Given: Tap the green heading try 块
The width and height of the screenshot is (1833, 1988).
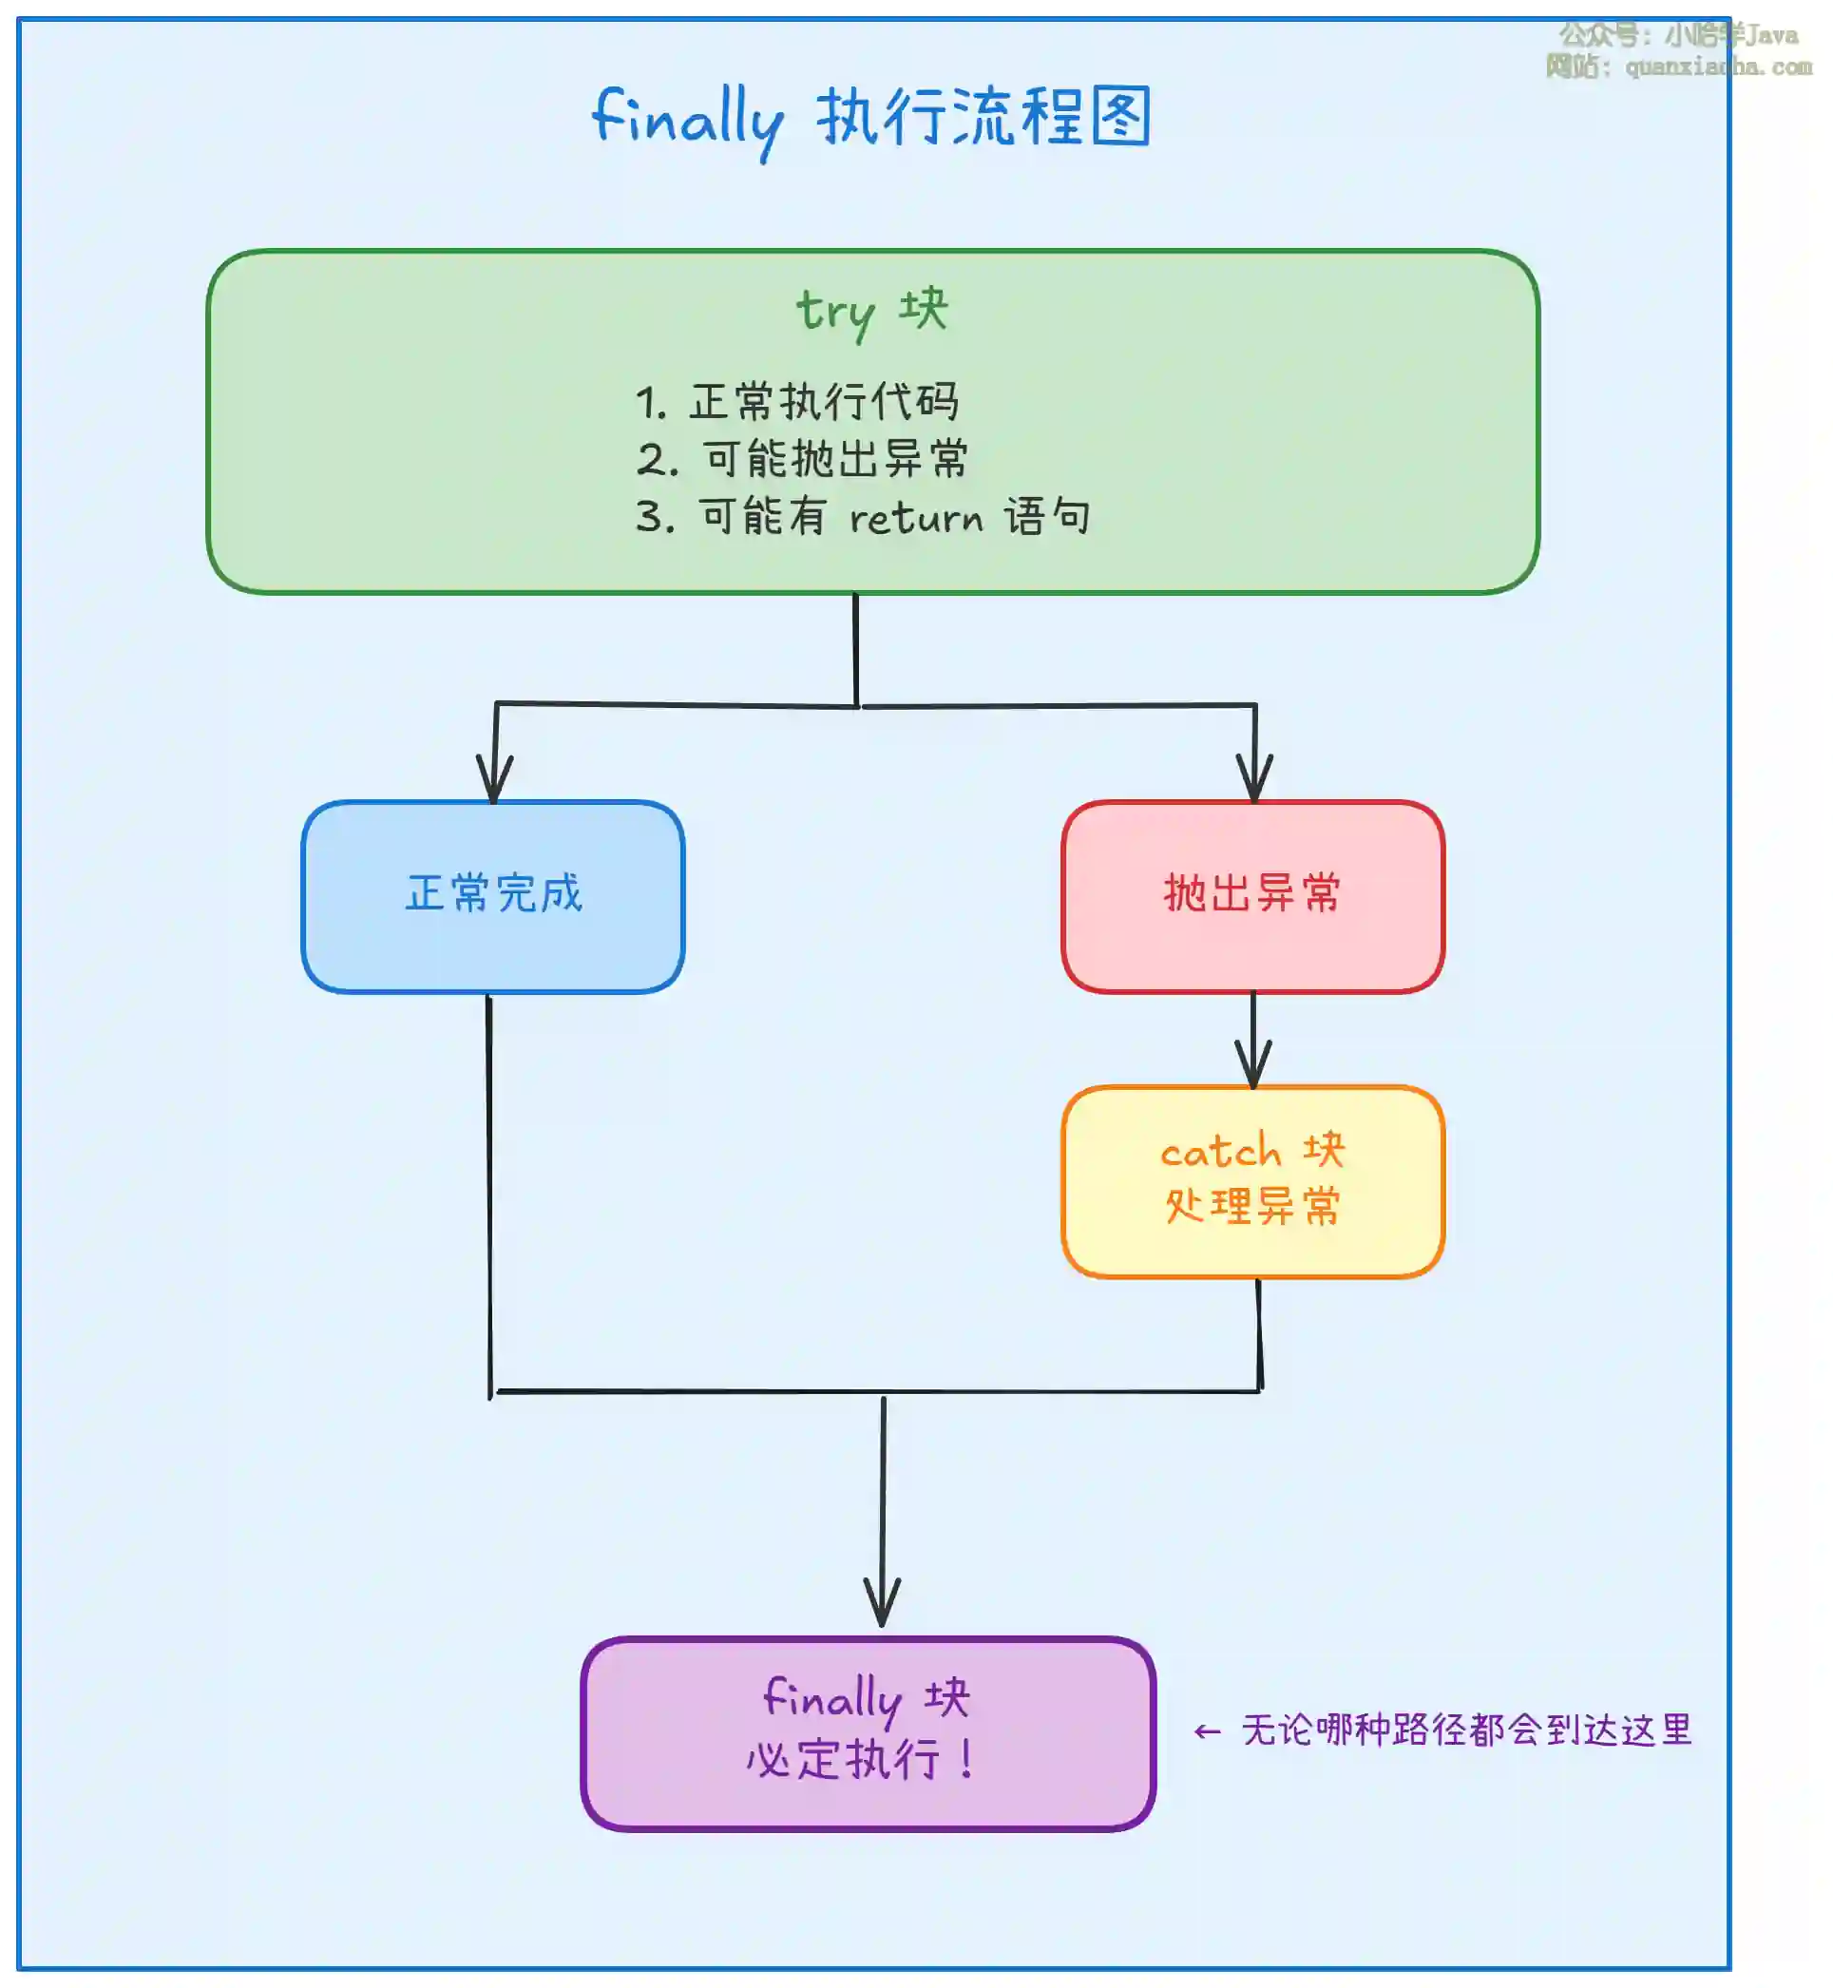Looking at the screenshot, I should [872, 311].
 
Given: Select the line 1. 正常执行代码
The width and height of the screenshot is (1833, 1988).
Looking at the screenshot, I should [796, 402].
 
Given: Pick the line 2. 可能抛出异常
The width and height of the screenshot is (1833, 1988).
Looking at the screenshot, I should [801, 459].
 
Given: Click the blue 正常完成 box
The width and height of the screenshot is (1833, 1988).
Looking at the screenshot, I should [493, 896].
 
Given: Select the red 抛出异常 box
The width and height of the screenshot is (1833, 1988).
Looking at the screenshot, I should [1251, 896].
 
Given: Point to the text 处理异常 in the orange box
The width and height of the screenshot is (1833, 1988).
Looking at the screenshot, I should [1251, 1206].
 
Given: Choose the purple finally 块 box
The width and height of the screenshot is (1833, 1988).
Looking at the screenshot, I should [868, 1732].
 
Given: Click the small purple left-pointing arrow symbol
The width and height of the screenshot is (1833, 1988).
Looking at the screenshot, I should [1206, 1732].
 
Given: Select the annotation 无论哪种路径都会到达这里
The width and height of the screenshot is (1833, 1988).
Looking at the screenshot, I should [1466, 1730].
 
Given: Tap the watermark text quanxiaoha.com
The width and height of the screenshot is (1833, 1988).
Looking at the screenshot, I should [1718, 67].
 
